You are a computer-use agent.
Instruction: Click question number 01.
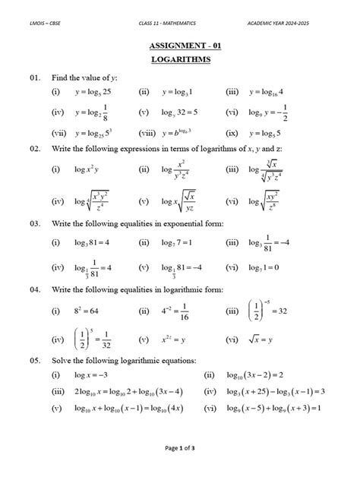[35, 77]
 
